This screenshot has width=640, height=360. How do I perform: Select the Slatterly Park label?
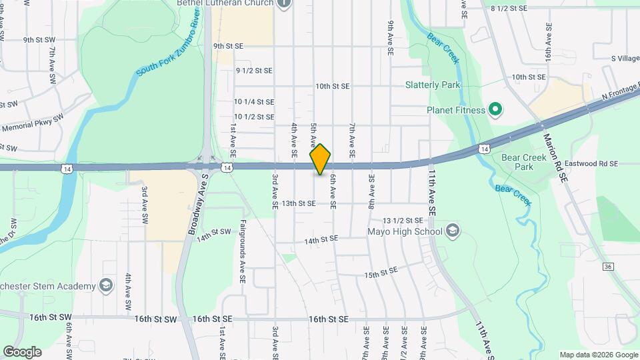coord(433,85)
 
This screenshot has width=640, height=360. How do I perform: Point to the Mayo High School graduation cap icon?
coord(453,231)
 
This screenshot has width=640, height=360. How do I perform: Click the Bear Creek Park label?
coord(519,162)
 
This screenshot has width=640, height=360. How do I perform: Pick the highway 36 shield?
coord(607,267)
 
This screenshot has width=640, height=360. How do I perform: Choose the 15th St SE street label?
coord(381,272)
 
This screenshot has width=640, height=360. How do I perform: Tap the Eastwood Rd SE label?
coord(591,163)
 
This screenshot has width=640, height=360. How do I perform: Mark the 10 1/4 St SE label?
coord(254,102)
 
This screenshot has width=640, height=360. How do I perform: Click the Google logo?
coord(22,352)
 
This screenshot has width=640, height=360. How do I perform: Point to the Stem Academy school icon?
coord(105,286)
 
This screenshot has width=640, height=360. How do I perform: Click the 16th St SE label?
coord(329,319)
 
